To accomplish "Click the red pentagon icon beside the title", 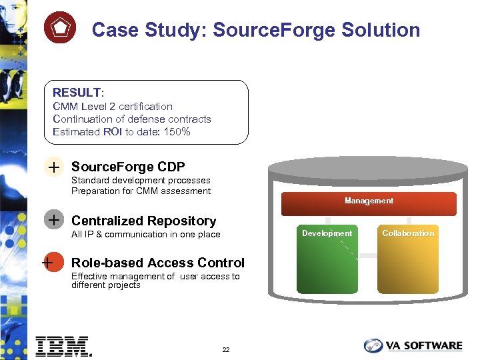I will tap(59, 29).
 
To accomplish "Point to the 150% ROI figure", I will tap(177, 131).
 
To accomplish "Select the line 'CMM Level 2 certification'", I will tap(112, 106).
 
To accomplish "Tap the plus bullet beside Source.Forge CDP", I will tap(53, 167).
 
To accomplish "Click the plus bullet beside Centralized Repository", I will tap(53, 221).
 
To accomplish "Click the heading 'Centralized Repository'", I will tap(143, 221).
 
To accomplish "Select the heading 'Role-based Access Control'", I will tap(157, 263).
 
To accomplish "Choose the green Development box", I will tap(327, 260).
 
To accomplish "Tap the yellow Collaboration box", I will tap(408, 260).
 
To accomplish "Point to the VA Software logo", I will tap(413, 345).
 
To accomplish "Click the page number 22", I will tap(226, 350).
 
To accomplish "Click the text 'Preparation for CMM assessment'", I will tap(141, 191).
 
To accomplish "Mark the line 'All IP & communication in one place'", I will tap(145, 234).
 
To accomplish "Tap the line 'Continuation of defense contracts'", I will tap(131, 119).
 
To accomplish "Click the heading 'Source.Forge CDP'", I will tap(128, 167).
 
